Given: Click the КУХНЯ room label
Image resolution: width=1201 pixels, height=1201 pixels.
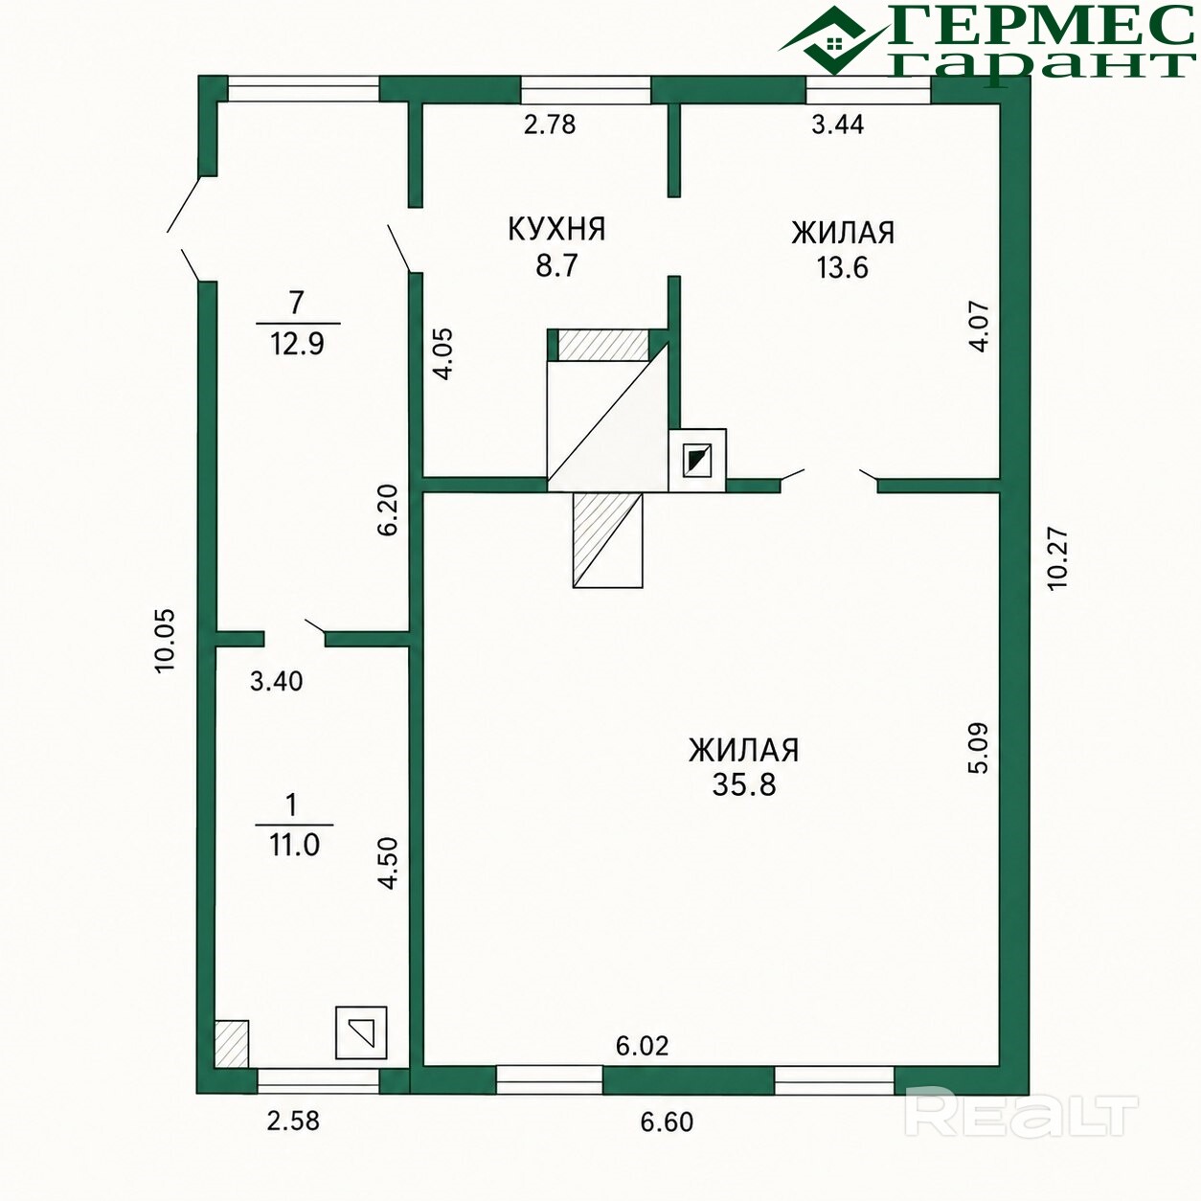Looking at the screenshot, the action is [556, 229].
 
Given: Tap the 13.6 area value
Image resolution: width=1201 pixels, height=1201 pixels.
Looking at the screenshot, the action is [843, 267].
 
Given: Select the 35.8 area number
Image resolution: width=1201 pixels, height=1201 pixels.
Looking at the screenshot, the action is [744, 784].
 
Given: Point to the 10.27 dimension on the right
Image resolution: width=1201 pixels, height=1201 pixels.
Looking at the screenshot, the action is [1057, 559].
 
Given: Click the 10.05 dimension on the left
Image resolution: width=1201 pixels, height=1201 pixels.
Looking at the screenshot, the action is [166, 640].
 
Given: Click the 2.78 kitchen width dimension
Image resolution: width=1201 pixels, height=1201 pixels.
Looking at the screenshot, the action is [550, 125].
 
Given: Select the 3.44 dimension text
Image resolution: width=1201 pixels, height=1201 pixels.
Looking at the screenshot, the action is [838, 125].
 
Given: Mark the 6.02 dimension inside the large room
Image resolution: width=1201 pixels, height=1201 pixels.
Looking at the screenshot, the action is [642, 1045].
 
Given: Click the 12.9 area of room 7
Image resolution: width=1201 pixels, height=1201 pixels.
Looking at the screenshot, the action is [297, 344].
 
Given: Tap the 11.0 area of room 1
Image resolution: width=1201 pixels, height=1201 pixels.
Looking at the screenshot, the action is [294, 846].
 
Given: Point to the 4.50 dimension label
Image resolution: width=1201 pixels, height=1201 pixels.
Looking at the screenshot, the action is [389, 863].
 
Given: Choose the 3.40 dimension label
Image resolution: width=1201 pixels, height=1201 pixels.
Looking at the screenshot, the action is [276, 681].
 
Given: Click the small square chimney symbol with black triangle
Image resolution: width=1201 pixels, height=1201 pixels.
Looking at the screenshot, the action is [697, 461].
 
